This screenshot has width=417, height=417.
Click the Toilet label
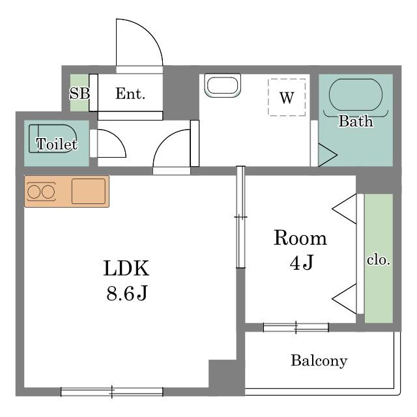click(57, 144)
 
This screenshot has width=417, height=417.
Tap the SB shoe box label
click(79, 93)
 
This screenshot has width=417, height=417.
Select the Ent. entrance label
click(130, 94)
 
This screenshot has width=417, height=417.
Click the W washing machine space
click(287, 97)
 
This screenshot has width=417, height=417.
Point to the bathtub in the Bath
click(356, 94)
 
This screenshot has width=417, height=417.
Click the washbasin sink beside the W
click(222, 85)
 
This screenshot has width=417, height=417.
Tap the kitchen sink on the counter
click(89, 191)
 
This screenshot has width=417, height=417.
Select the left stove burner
click(34, 192)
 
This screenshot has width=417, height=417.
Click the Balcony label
click(319, 361)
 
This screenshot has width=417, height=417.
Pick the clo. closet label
click(379, 260)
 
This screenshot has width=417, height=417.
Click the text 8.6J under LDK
click(127, 293)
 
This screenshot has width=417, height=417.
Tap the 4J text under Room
click(302, 262)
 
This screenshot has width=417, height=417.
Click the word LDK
click(126, 268)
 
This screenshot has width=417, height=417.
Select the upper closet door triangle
click(345, 209)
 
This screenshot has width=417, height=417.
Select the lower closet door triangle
click(345, 299)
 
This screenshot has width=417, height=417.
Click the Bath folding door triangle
click(328, 155)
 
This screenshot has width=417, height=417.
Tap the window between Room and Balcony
click(296, 327)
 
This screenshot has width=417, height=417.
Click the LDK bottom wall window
click(112, 392)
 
